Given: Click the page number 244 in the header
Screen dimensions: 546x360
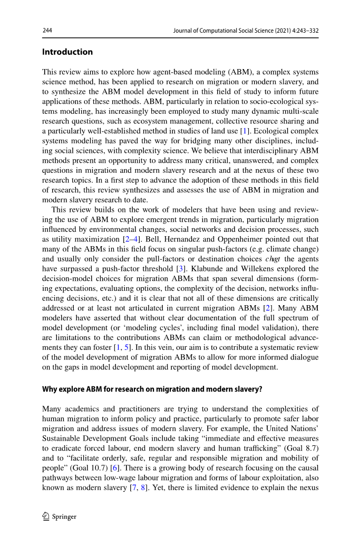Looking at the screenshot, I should (x=47, y=31).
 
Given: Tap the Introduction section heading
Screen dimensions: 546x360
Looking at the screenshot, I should (x=67, y=52).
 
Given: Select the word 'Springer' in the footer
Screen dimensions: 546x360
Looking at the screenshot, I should (x=64, y=516).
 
